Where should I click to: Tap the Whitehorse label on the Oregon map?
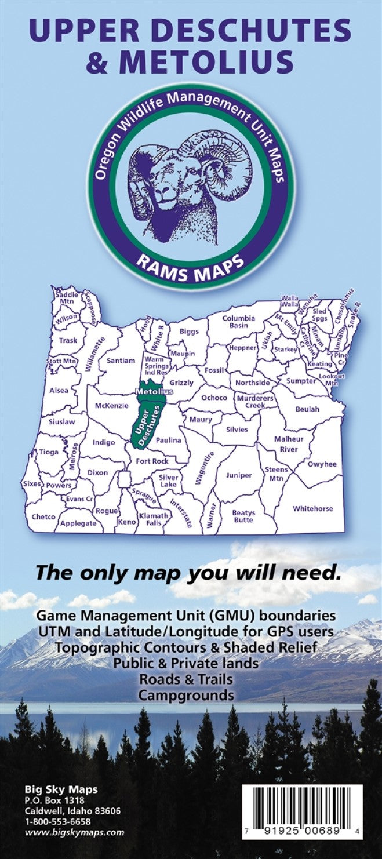coord(313,508)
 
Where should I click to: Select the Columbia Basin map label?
coord(239,322)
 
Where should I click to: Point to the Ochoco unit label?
coord(214,398)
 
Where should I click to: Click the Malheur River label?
coord(289,444)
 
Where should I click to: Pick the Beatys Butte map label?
coord(243,516)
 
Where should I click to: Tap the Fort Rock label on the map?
coord(152,461)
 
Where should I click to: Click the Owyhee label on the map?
coord(322,464)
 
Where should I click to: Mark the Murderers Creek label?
coord(251,402)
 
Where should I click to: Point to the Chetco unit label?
coord(43,516)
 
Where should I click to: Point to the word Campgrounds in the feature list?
coord(191,695)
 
